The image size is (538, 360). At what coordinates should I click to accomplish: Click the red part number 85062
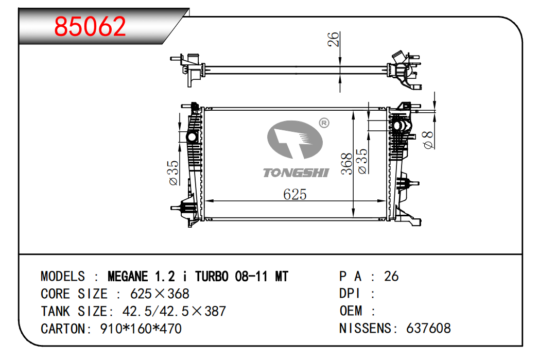(x=90, y=26)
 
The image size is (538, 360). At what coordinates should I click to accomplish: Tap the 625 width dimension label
(x=294, y=194)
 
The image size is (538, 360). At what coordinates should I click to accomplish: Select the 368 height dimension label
(x=347, y=164)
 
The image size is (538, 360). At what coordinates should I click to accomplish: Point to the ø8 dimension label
(x=428, y=140)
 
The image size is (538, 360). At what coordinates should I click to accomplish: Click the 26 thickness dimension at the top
(x=333, y=39)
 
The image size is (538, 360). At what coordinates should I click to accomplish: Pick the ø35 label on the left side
(x=173, y=173)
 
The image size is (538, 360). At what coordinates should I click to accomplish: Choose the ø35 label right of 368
(x=362, y=161)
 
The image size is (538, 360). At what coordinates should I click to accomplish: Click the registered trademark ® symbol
(x=324, y=123)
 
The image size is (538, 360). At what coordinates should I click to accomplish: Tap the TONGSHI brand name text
(x=296, y=173)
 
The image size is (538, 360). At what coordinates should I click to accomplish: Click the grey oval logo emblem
(x=294, y=140)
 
